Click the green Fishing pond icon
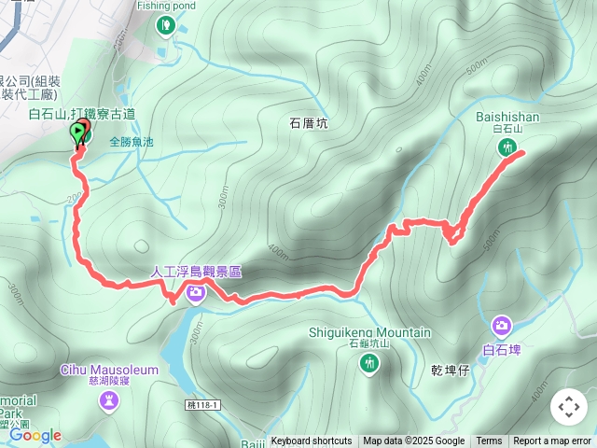(166, 24)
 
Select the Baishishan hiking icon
(507, 147)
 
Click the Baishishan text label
(507, 117)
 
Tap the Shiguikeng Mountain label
(370, 332)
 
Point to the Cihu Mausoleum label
(110, 370)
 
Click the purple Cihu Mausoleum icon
(110, 400)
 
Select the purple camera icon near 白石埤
(502, 326)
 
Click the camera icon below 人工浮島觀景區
(196, 294)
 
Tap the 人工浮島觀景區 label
(197, 272)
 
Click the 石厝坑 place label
(309, 122)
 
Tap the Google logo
(35, 435)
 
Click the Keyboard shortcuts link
(312, 441)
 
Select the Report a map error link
(552, 441)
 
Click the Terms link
(489, 441)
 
